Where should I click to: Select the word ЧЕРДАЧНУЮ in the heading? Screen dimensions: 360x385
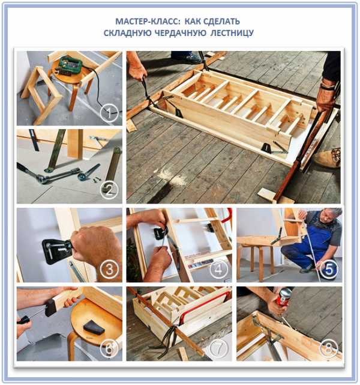click(181, 33)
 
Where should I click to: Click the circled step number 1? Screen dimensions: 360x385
click(109, 113)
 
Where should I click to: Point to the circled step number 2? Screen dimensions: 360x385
click(109, 190)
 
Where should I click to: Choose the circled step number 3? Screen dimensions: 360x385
click(109, 269)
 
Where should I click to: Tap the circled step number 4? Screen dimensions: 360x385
click(219, 269)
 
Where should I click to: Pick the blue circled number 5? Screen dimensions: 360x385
click(329, 269)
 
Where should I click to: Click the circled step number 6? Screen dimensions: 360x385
click(109, 348)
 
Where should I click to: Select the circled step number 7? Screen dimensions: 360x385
click(219, 348)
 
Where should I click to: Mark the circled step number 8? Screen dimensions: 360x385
click(329, 348)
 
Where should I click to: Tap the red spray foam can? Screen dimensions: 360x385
click(284, 297)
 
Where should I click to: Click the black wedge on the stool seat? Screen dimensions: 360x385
click(94, 327)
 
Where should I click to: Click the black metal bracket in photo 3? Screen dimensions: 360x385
click(56, 252)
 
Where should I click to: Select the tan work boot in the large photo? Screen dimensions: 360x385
click(327, 159)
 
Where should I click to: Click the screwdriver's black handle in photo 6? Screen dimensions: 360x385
click(24, 319)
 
